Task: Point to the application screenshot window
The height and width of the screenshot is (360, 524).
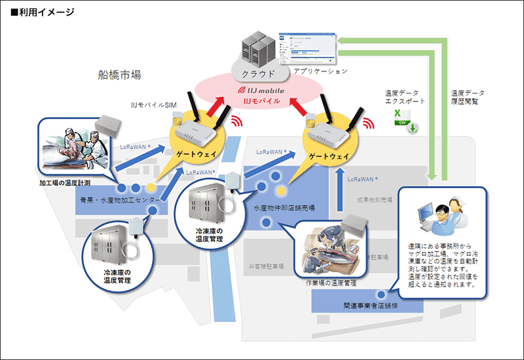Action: [x=305, y=46]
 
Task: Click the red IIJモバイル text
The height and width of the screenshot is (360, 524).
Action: [x=261, y=101]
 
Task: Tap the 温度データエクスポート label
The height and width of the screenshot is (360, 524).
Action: [x=405, y=98]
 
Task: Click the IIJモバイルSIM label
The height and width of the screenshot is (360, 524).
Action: [x=152, y=105]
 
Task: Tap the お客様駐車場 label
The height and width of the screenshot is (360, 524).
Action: [x=265, y=266]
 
